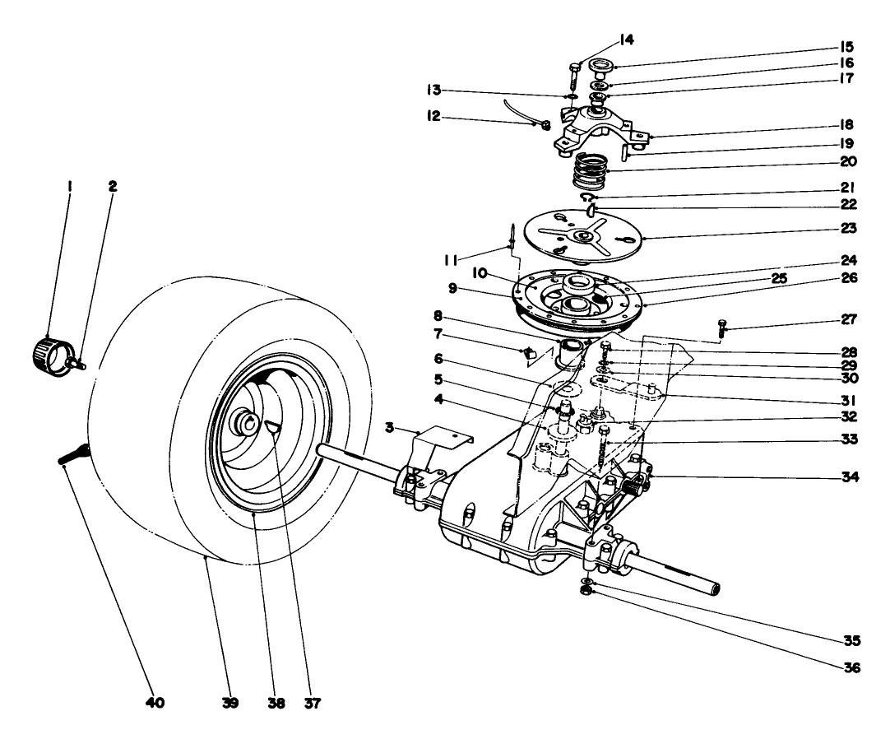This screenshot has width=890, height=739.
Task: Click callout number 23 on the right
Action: pyautogui.click(x=847, y=227)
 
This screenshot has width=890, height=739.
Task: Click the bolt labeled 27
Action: pyautogui.click(x=722, y=328)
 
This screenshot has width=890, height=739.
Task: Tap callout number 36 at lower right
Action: pyautogui.click(x=847, y=667)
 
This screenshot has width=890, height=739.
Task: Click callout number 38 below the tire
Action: pyautogui.click(x=278, y=704)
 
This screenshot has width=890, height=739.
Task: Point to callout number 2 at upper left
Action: pyautogui.click(x=114, y=187)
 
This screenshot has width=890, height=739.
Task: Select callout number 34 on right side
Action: pyautogui.click(x=847, y=476)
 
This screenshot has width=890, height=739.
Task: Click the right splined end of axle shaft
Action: pyautogui.click(x=715, y=588)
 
